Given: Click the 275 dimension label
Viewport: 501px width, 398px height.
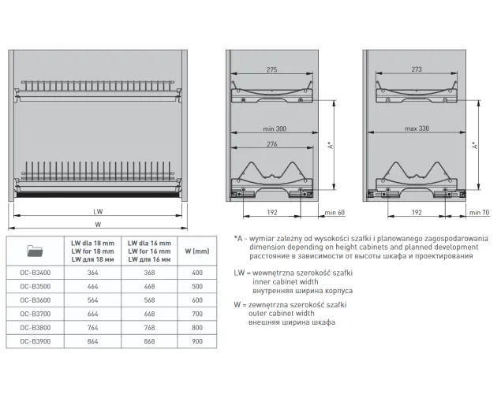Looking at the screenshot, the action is point(271,69).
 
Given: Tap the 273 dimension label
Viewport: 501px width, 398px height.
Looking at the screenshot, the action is point(417,69).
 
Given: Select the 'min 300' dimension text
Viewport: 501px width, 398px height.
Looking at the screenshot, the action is point(275,129).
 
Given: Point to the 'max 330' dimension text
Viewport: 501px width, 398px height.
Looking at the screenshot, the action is point(417,128).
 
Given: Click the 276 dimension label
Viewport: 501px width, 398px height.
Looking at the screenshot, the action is point(272,144).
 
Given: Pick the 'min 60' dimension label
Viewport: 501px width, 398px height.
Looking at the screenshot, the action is point(335,213).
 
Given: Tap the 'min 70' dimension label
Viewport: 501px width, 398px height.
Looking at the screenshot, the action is point(479,213).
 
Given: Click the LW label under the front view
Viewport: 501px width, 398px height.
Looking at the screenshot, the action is point(98,211).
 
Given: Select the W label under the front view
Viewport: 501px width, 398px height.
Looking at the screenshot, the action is point(98,225).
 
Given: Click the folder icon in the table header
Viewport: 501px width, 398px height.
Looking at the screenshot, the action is point(36,251).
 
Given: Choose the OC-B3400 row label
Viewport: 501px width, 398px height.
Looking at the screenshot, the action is point(36,273).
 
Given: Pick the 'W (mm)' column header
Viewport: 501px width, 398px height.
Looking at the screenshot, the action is point(197,251).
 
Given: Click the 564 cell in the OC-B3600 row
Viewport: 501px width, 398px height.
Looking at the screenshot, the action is point(92,300).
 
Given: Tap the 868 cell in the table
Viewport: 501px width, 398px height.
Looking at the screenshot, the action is point(149,341).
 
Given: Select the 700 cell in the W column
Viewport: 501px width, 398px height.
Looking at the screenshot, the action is point(197,314).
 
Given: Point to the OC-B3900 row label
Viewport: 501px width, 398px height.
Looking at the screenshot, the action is point(36,341).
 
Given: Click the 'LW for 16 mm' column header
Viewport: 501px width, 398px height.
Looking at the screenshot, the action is point(149,251).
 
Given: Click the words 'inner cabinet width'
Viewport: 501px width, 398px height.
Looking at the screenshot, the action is point(286,282).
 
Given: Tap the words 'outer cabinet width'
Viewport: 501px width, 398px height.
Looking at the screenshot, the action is point(281,314).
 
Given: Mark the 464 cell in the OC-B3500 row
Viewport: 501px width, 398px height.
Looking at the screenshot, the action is point(92,287).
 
